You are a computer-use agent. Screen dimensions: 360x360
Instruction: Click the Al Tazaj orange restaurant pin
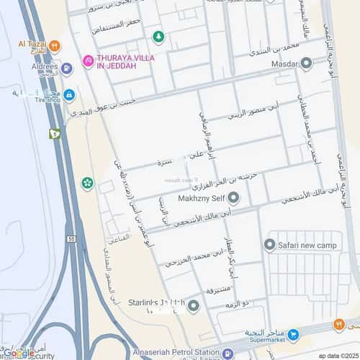click(x=55, y=45)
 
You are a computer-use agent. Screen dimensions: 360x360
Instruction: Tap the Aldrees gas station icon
click(x=67, y=69)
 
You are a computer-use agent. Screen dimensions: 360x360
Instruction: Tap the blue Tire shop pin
click(x=69, y=94)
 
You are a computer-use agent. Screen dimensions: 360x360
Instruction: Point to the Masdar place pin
click(x=307, y=63)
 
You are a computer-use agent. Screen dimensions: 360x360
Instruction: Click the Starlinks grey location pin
click(x=193, y=306)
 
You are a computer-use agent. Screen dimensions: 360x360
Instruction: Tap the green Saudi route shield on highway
click(x=55, y=133)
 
